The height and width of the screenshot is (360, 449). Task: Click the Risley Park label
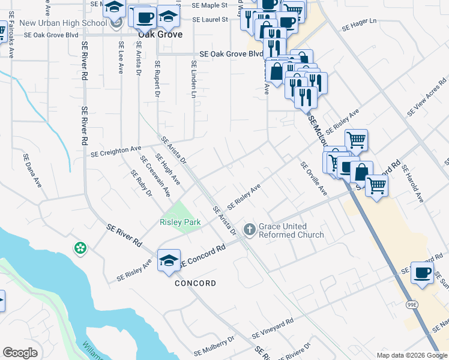[180, 223]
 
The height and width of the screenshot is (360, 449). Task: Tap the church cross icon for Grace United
[249, 229]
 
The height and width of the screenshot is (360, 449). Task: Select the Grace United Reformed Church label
[291, 231]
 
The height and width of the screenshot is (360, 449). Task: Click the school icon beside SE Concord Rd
[169, 260]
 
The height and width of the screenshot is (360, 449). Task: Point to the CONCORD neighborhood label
[195, 283]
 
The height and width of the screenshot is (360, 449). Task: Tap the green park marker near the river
[80, 248]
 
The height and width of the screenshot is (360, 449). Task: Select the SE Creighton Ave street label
[116, 151]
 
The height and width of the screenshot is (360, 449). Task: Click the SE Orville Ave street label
[314, 179]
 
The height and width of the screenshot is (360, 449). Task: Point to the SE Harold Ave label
[413, 184]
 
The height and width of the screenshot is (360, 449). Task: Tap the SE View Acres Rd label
[427, 97]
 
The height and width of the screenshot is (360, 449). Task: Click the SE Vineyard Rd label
[273, 328]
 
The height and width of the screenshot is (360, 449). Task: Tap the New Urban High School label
[63, 23]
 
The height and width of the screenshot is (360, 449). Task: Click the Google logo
[20, 353]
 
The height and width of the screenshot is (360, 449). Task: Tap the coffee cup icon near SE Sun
[423, 273]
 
